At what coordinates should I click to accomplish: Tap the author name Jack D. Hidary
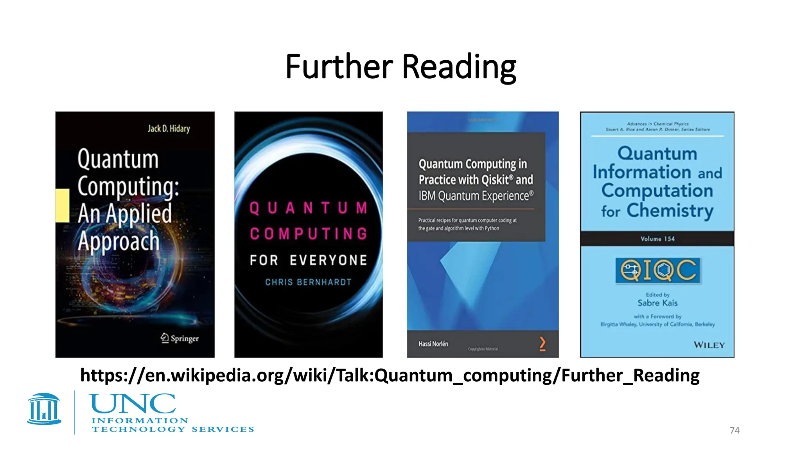pos(169,129)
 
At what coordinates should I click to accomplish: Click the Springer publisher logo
pos(180,338)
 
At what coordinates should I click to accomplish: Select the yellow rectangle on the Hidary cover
pos(62,206)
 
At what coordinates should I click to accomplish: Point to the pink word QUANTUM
pos(308,208)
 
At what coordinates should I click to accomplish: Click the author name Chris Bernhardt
pos(308,282)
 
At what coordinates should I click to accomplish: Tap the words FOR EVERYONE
pos(308,260)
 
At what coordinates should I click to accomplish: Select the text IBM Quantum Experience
pos(476,196)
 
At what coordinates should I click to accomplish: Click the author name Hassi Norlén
pos(433,344)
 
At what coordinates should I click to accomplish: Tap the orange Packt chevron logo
pos(542,344)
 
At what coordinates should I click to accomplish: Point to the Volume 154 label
pos(657,239)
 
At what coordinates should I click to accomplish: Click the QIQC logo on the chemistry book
pos(657,270)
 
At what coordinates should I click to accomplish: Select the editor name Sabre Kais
pos(657,303)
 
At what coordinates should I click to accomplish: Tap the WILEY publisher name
pos(709,345)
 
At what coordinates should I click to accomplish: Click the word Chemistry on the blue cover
pos(670,211)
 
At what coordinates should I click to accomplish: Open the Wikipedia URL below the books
pos(390,375)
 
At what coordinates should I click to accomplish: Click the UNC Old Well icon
pos(44,409)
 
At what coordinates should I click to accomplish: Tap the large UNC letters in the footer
pos(133,404)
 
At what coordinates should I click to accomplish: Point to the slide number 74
pos(735,430)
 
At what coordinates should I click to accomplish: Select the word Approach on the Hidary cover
pos(119,241)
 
